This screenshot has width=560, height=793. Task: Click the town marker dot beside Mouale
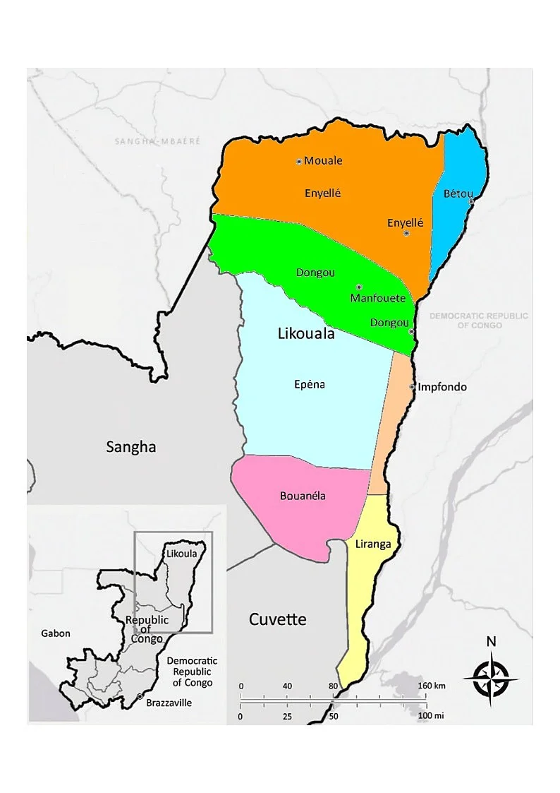coord(299,162)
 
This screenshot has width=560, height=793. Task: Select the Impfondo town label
coord(442,387)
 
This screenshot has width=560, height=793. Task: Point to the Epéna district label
coord(309,385)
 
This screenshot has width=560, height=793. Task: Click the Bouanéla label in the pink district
coord(303,495)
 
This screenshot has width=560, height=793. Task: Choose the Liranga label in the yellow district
coord(373,544)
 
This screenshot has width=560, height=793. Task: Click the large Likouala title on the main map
coord(305,335)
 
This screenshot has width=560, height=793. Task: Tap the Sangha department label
coord(130,446)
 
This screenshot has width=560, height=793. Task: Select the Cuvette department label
coord(278,619)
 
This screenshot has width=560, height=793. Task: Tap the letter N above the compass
coord(491,642)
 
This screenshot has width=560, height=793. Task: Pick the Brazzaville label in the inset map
coord(169,703)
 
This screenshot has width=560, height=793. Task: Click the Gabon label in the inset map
coord(56,633)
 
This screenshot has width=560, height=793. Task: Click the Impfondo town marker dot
coord(413,387)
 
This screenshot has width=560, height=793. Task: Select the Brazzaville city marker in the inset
coord(139,698)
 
